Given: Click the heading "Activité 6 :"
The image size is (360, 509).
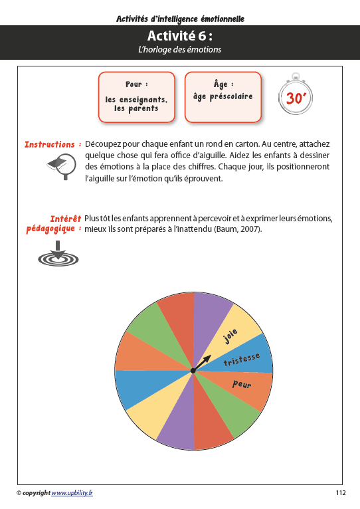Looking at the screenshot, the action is [x=180, y=36].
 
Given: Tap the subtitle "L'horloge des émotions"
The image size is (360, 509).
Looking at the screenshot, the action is [x=180, y=50].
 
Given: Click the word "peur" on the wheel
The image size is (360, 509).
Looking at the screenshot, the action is [x=242, y=384].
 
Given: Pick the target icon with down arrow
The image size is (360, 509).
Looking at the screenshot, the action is [x=58, y=255].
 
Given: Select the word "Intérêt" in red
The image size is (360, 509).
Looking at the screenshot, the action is [x=65, y=219].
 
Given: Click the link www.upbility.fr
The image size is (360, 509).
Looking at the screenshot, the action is [x=72, y=492].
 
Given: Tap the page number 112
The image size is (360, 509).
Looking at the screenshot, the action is [x=341, y=492].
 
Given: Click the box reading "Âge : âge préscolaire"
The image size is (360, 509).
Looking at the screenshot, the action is [x=223, y=97].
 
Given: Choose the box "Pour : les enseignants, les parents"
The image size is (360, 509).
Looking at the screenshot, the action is [x=136, y=97].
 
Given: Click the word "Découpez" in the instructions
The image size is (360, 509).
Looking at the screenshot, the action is [x=104, y=144].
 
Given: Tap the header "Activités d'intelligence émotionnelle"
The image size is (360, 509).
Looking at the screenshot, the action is [x=180, y=19].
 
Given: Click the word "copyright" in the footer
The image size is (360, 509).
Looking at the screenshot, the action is [x=36, y=492].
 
